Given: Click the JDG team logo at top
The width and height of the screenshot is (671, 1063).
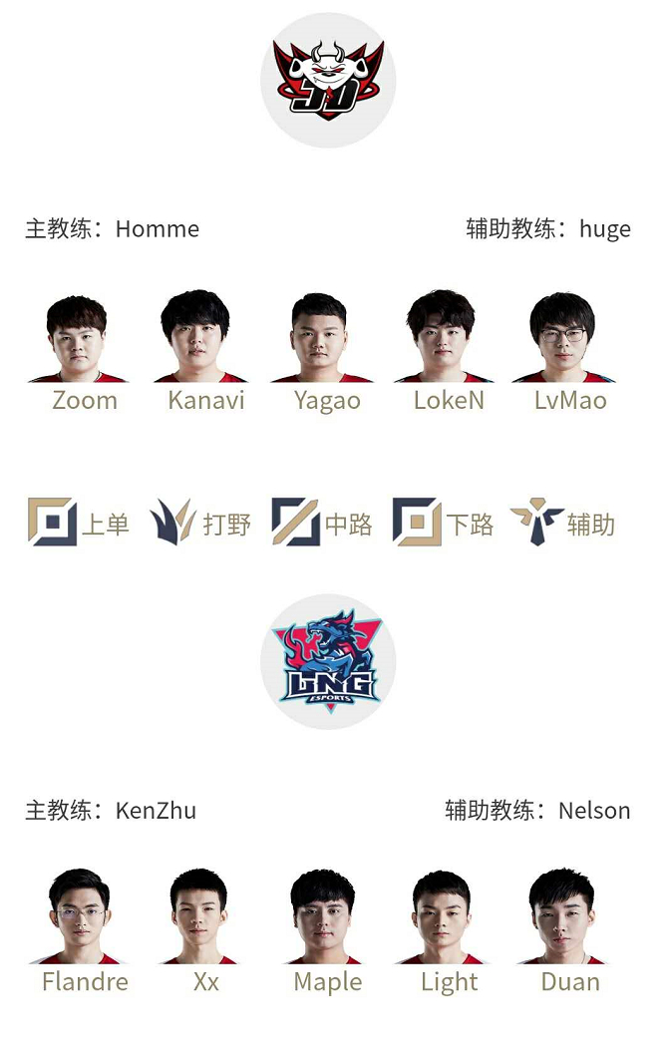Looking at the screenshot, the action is click(328, 80).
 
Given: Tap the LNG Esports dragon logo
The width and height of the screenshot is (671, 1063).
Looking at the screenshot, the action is click(328, 662).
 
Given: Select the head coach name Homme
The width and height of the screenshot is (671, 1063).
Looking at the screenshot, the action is click(158, 229).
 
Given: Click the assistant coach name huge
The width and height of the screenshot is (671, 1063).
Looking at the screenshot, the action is click(604, 229).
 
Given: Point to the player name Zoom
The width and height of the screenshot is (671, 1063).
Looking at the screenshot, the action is click(85, 400).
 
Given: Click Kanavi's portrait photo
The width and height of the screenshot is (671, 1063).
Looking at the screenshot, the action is click(198, 336).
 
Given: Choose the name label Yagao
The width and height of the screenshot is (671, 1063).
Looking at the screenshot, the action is click(327, 401).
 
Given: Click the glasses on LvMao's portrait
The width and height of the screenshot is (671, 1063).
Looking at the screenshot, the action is click(562, 335).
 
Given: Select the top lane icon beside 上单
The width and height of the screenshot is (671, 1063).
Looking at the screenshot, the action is click(52, 522).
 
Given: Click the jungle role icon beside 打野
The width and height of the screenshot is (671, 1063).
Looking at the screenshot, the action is click(172, 522).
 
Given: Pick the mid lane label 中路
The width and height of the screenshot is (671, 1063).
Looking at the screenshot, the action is click(348, 525).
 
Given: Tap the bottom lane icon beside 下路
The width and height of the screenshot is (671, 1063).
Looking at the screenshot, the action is click(417, 522).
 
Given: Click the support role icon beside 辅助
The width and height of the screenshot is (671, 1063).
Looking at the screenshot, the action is click(536, 522).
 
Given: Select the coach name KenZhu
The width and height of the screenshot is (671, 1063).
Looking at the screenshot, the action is click(156, 811).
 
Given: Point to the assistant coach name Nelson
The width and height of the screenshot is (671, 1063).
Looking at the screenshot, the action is click(594, 811).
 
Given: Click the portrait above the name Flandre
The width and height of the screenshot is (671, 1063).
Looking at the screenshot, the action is click(79, 916).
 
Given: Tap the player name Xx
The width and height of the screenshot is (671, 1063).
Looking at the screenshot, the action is click(206, 981).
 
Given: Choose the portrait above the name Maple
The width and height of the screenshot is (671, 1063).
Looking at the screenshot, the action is click(323, 916).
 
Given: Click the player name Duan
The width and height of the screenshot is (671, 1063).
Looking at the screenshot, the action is click(570, 981).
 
